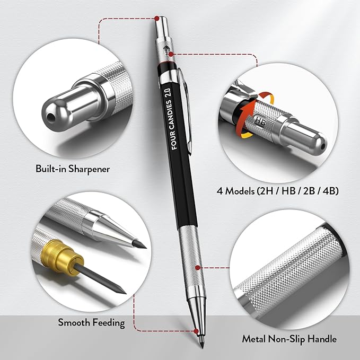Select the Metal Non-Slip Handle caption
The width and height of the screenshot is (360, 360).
click(289, 338)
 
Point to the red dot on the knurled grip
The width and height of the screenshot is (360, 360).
click(198, 268)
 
